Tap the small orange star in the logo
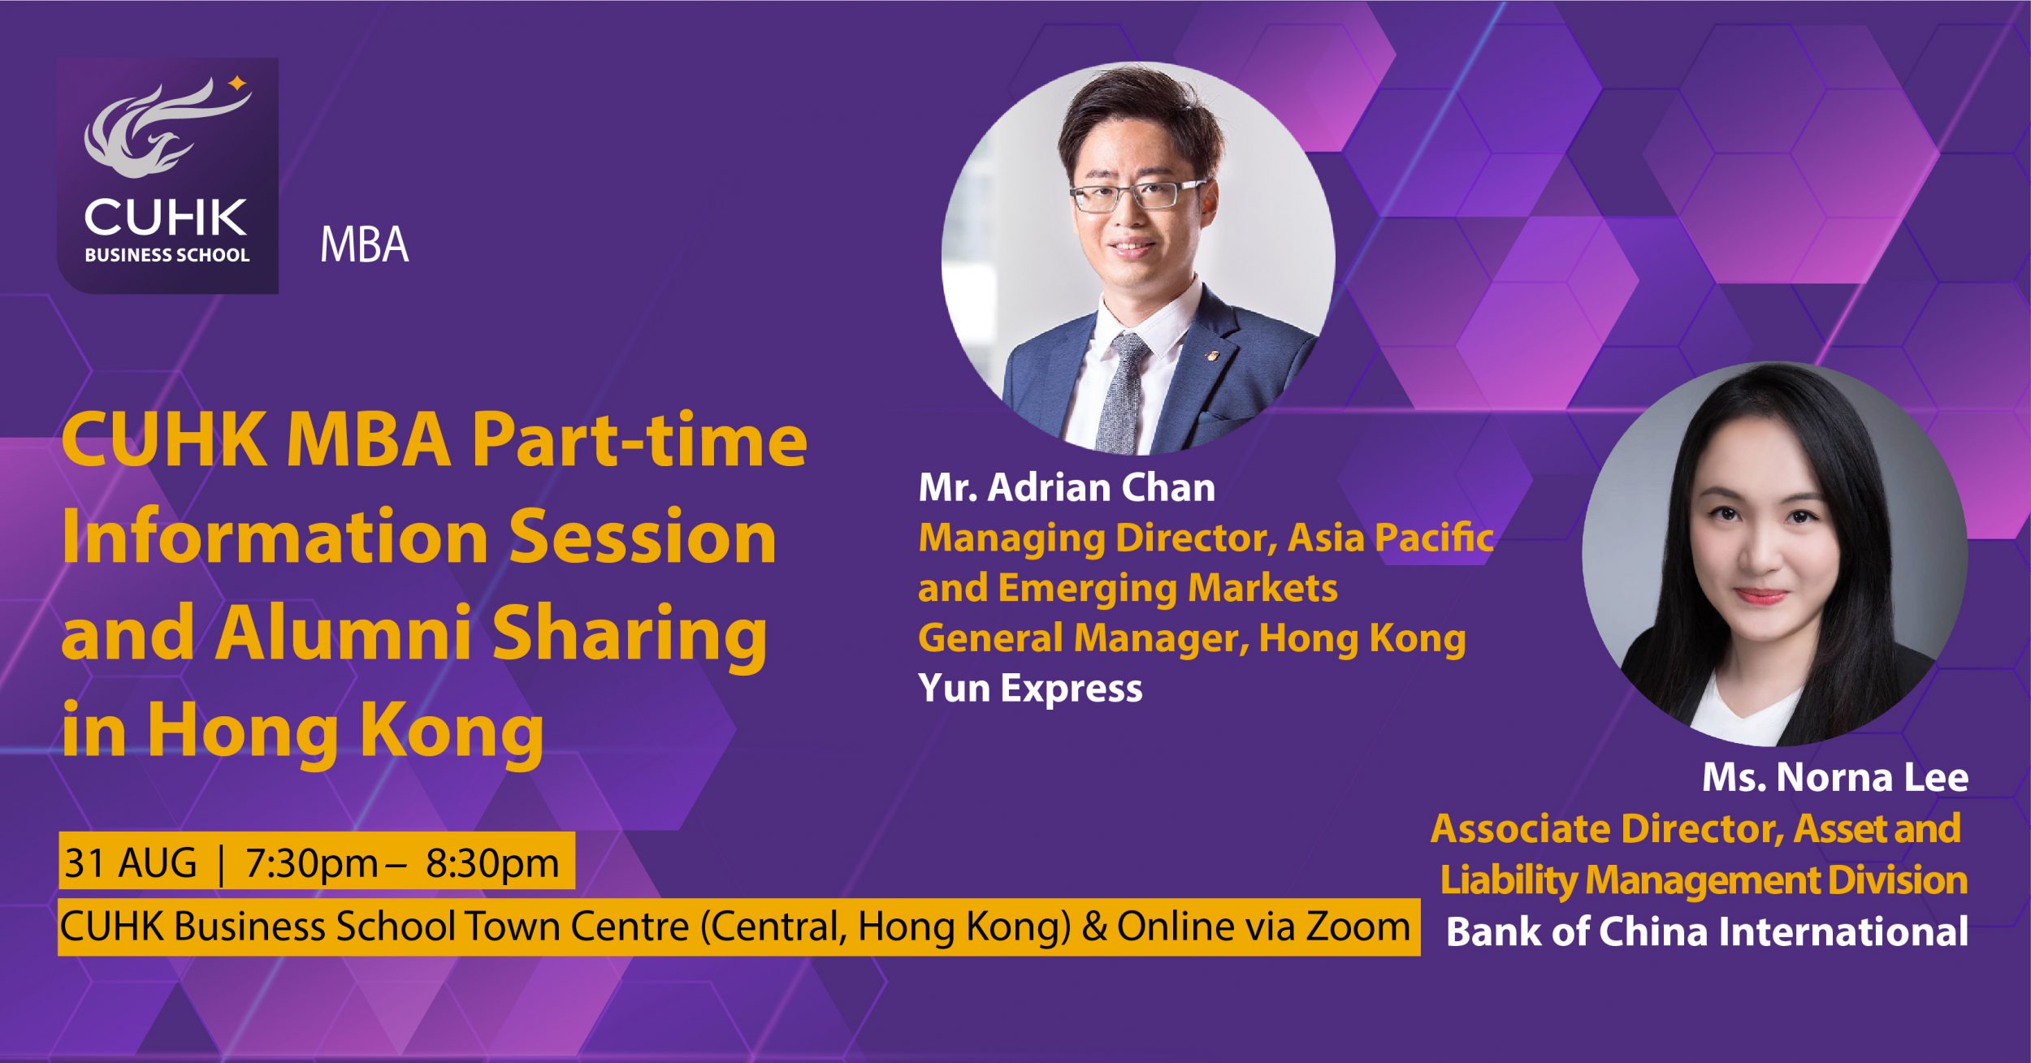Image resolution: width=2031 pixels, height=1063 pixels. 236,82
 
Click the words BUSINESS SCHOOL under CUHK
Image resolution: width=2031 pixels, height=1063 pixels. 167,254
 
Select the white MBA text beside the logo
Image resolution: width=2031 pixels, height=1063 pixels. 364,244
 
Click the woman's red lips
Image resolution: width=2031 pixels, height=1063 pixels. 1761,597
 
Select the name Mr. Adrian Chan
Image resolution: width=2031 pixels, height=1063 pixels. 1067,487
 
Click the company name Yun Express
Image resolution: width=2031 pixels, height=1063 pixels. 1030,689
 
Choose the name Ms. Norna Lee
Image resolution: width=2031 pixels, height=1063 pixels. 1835,777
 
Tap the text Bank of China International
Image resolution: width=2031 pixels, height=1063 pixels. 1707,931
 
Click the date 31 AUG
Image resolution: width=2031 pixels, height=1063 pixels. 130,862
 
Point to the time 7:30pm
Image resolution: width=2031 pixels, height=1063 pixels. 311,863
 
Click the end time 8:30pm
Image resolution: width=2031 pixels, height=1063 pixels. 492,863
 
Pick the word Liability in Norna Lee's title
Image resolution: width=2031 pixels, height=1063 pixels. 1507,881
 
